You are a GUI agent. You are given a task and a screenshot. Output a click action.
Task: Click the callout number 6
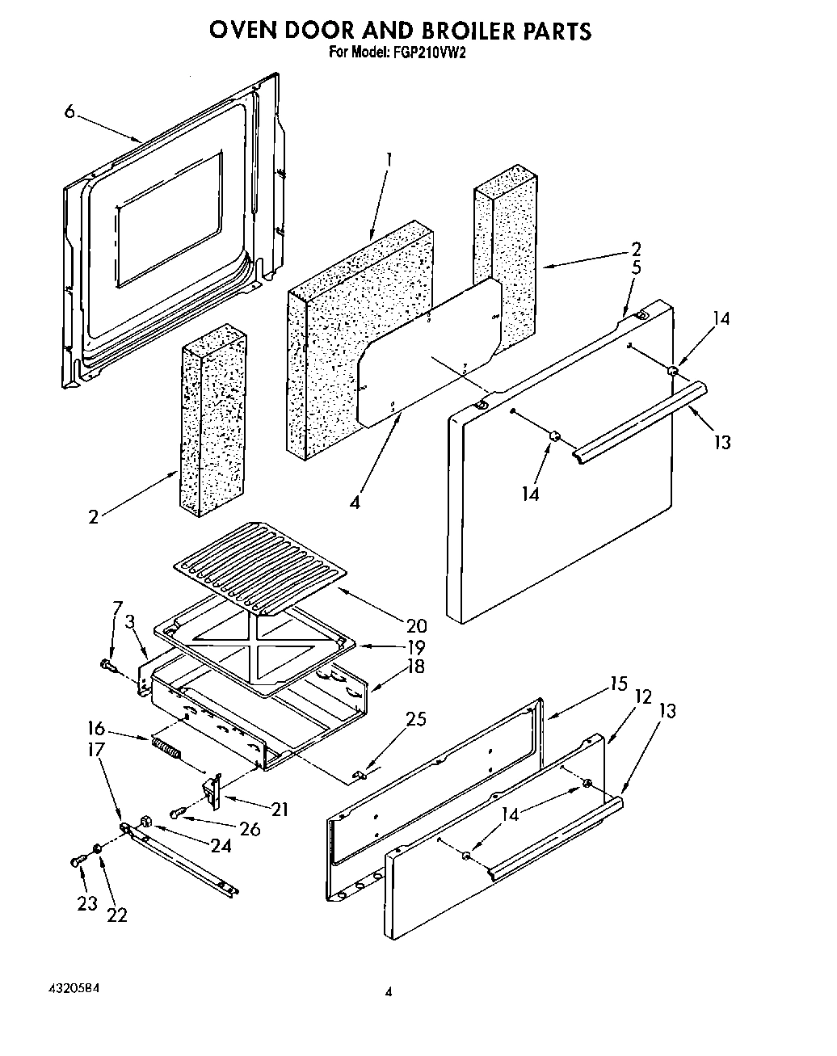70,112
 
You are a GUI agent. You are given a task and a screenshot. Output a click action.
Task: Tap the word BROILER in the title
468,31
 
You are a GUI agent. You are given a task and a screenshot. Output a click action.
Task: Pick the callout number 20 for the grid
417,625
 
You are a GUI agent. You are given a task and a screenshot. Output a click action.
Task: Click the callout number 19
415,647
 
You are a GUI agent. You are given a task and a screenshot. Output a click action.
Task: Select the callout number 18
415,667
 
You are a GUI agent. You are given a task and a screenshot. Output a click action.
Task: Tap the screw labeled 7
108,666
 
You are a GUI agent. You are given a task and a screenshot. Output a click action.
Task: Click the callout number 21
280,809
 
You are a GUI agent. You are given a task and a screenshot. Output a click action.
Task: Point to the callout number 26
250,829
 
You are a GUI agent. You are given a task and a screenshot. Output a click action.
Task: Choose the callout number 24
221,846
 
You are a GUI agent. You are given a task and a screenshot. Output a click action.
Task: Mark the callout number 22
117,915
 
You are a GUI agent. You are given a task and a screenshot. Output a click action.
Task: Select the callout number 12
642,696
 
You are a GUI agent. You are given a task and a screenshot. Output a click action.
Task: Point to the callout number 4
355,502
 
